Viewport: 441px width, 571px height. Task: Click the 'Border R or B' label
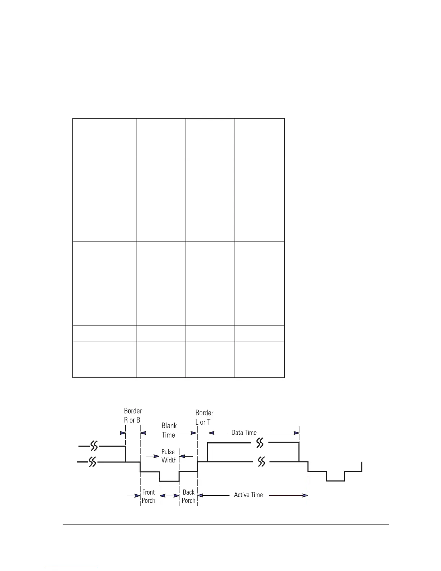[x=133, y=415]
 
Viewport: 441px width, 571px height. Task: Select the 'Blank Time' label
[x=169, y=430]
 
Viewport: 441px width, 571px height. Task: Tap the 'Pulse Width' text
[x=169, y=456]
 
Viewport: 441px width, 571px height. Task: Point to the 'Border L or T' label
[x=204, y=417]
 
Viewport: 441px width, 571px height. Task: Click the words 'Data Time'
[x=244, y=433]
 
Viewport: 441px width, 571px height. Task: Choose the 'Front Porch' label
[x=148, y=496]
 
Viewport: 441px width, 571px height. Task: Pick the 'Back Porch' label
[x=188, y=496]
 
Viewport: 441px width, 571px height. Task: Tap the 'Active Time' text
[x=248, y=495]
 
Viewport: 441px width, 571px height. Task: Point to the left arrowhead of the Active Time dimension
[x=200, y=495]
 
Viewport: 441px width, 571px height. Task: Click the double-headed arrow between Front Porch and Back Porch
[x=169, y=496]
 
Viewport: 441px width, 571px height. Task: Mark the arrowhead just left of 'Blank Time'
[x=143, y=433]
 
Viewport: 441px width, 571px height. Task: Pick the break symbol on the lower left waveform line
[x=93, y=462]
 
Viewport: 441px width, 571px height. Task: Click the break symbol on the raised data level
[x=260, y=442]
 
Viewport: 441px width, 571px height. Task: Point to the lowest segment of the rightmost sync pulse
[x=335, y=481]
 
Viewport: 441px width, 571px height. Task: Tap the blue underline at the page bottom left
[x=71, y=568]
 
